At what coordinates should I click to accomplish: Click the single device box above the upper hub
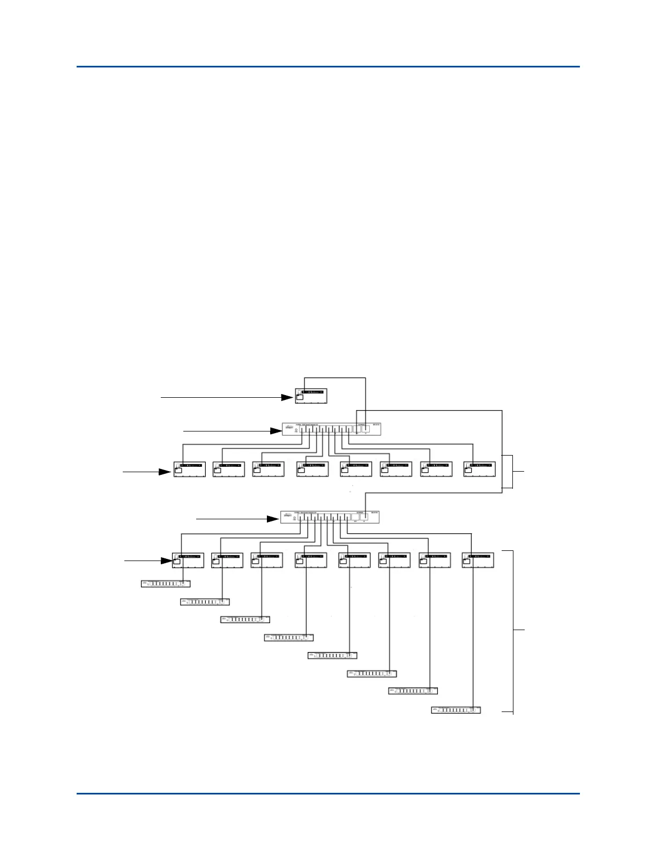point(311,395)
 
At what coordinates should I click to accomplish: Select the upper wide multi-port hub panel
point(332,429)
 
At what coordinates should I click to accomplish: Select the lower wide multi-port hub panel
point(330,518)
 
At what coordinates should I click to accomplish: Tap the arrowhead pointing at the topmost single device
point(287,398)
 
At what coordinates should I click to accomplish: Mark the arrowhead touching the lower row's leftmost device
point(167,561)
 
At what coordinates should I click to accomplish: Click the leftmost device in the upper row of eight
point(190,469)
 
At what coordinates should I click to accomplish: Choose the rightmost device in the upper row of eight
point(480,469)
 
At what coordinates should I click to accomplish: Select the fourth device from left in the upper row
point(312,469)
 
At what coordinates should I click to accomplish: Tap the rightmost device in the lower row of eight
point(478,560)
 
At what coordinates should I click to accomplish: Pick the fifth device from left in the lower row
point(354,560)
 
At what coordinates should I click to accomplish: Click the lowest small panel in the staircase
point(456,710)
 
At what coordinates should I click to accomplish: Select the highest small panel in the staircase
point(165,584)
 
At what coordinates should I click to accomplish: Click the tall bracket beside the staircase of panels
point(513,632)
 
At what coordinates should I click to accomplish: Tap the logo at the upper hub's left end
point(288,429)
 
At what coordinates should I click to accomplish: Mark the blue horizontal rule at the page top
point(328,67)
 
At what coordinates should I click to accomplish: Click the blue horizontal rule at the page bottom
point(328,793)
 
